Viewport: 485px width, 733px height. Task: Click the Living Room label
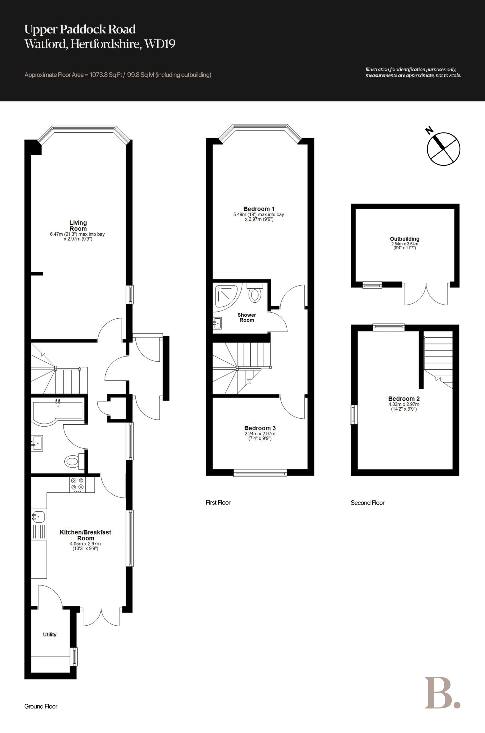[78, 226]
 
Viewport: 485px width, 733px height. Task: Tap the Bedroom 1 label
[259, 209]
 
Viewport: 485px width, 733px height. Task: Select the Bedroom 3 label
[260, 428]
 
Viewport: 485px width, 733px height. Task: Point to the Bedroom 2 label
[404, 399]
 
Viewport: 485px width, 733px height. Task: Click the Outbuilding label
[405, 239]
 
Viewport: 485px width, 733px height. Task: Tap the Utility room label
[50, 635]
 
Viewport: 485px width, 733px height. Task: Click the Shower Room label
[247, 318]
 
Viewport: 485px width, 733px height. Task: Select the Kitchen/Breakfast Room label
[85, 535]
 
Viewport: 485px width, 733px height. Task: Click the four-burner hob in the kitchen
[77, 484]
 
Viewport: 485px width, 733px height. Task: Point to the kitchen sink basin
[39, 516]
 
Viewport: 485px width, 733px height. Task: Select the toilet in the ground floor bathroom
[74, 462]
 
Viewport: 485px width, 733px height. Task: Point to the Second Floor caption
[368, 503]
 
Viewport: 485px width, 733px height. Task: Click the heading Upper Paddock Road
[80, 29]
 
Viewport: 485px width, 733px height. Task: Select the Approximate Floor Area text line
[118, 75]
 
